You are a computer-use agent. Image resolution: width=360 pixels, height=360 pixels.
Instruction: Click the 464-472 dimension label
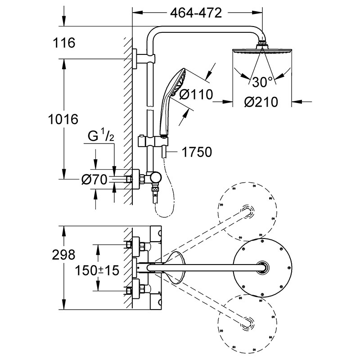196,13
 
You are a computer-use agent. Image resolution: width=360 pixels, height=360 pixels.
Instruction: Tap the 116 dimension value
64,43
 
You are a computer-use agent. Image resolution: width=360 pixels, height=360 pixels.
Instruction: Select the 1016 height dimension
63,119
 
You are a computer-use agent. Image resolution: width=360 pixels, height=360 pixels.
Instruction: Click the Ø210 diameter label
261,102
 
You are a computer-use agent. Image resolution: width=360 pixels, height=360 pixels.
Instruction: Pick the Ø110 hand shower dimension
196,94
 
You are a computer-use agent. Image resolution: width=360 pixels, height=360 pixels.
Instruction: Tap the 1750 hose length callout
197,152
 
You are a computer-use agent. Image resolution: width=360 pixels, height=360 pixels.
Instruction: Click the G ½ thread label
101,136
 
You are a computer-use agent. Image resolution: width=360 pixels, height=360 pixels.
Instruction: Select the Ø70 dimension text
94,179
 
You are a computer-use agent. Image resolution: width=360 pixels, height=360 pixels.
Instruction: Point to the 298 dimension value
63,255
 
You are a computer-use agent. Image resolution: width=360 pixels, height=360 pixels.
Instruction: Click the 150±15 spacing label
97,270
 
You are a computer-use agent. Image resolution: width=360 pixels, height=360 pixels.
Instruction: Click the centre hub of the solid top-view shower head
263,267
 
